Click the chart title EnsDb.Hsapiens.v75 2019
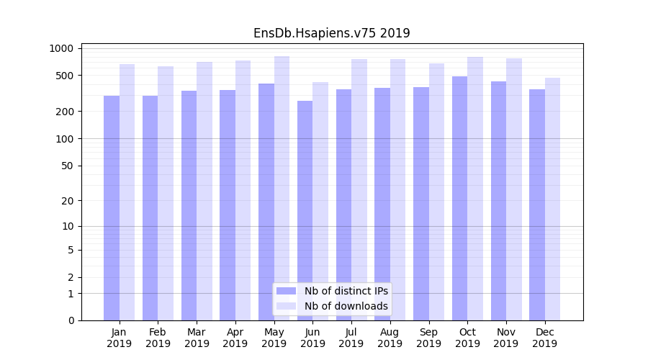click(331, 33)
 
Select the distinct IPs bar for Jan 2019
click(112, 208)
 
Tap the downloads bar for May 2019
click(282, 188)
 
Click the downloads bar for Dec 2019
click(552, 199)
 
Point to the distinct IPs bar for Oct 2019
click(459, 198)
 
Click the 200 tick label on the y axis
click(67, 112)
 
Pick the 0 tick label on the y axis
click(71, 320)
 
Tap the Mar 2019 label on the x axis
click(197, 338)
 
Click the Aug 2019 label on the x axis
click(390, 338)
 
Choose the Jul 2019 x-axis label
click(351, 338)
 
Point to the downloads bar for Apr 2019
click(243, 190)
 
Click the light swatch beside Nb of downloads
click(286, 306)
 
